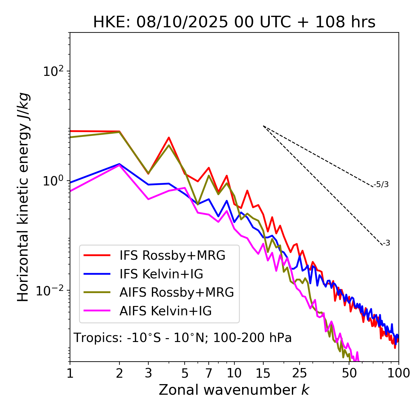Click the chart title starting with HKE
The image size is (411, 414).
234,22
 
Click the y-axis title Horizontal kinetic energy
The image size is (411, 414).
23,197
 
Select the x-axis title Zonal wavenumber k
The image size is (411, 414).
234,390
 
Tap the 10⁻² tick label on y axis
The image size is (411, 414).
52,291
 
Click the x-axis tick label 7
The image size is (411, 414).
209,373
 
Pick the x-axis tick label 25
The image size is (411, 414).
299,373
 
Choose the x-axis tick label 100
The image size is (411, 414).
398,373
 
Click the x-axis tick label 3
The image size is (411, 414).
148,373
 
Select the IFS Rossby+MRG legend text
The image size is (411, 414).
172,256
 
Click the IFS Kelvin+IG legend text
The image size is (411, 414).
161,274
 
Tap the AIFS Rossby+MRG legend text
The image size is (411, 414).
177,292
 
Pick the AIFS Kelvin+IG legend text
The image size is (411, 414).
165,311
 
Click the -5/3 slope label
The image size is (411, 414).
381,184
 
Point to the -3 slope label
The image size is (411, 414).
386,243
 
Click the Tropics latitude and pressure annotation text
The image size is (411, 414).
182,338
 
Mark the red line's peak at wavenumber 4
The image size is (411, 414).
169,138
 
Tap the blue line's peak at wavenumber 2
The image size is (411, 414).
119,164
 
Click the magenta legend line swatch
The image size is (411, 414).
97,311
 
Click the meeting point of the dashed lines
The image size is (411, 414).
263,126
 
